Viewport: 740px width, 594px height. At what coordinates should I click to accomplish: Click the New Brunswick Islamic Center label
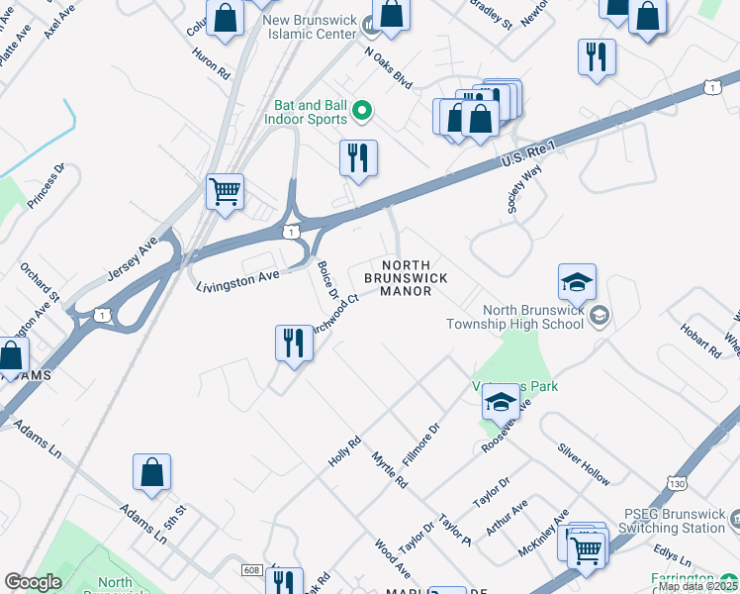pyautogui.click(x=311, y=27)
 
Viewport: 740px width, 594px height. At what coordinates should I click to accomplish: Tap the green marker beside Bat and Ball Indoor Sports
pyautogui.click(x=362, y=112)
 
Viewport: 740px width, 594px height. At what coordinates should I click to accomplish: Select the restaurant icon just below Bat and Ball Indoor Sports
pyautogui.click(x=358, y=157)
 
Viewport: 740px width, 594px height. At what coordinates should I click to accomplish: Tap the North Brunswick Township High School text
pyautogui.click(x=513, y=316)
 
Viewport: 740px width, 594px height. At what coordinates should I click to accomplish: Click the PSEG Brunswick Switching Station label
pyautogui.click(x=673, y=520)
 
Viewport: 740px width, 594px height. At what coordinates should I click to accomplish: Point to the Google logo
pyautogui.click(x=33, y=582)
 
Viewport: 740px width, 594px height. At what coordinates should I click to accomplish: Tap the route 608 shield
pyautogui.click(x=251, y=570)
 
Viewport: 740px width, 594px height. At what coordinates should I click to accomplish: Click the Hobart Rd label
pyautogui.click(x=700, y=341)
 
